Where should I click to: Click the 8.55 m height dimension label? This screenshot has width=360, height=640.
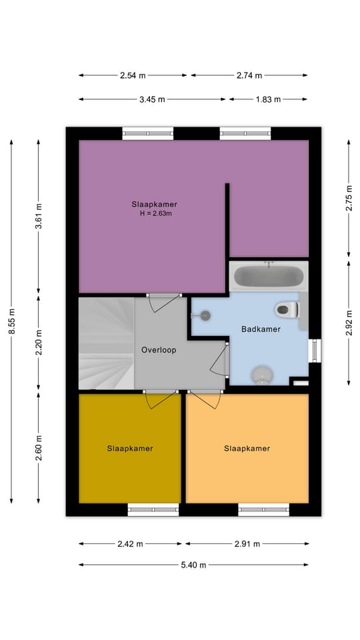[11, 321]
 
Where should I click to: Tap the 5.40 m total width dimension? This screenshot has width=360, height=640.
[193, 565]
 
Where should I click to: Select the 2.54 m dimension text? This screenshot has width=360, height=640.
[133, 75]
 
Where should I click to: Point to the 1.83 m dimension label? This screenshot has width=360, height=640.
[268, 99]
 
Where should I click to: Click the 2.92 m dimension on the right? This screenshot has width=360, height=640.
[349, 323]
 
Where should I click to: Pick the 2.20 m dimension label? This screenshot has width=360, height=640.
[39, 342]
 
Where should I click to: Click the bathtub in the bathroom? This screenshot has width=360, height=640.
[269, 276]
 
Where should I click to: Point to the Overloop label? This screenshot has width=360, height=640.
[159, 350]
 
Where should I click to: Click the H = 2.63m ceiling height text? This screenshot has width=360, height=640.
[154, 213]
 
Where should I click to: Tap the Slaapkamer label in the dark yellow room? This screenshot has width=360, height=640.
[130, 448]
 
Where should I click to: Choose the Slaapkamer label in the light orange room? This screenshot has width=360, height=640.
[247, 448]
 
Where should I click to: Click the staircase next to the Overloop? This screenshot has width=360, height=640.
[107, 343]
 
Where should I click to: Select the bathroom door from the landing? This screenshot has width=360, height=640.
[220, 359]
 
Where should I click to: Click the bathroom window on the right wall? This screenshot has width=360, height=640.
[315, 351]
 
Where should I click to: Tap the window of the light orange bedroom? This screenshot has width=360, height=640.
[264, 509]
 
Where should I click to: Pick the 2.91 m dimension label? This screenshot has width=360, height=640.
[247, 544]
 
